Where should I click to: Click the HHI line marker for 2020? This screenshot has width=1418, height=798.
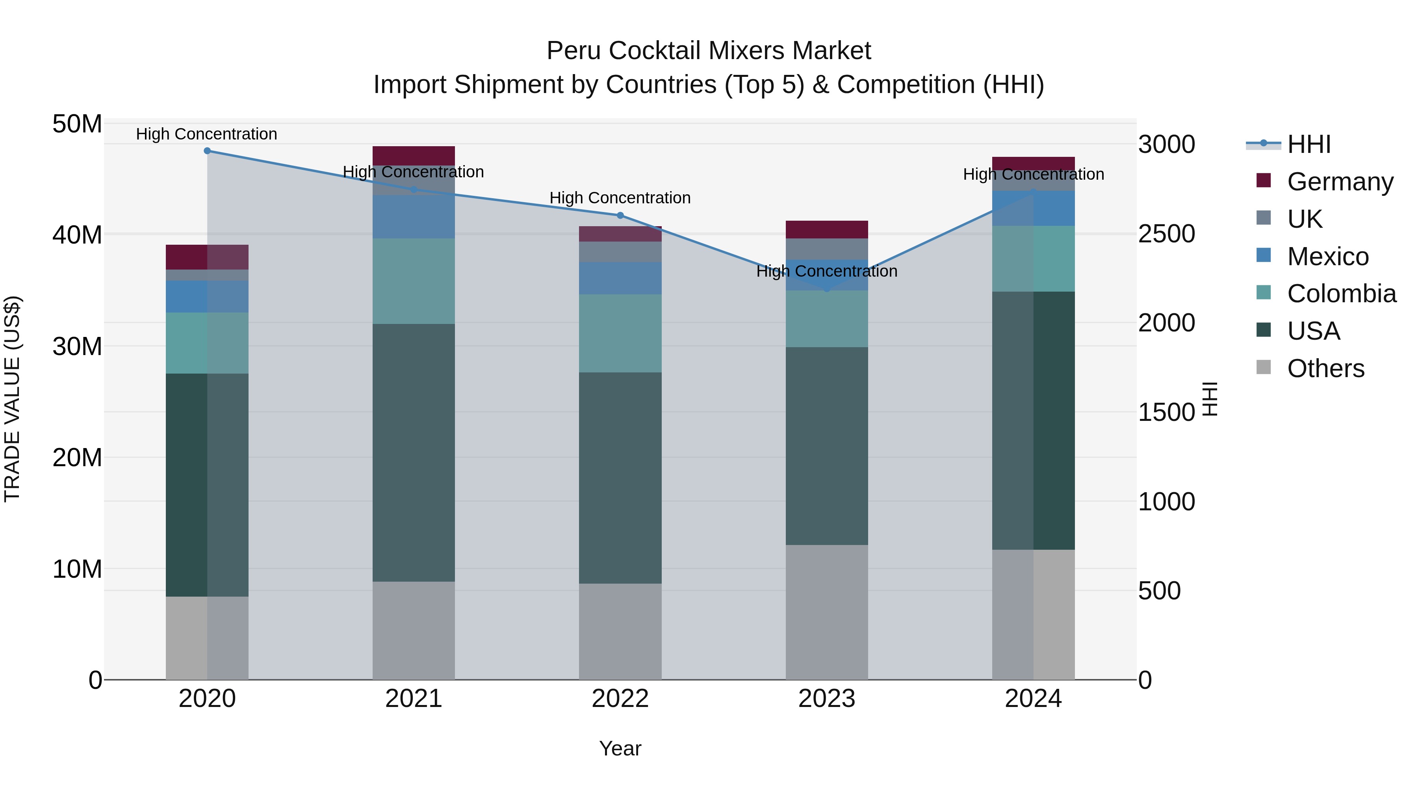point(207,151)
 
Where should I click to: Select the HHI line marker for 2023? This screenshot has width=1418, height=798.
point(827,288)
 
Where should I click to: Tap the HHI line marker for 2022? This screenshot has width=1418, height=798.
point(620,215)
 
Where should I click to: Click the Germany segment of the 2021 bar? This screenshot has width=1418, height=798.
point(414,155)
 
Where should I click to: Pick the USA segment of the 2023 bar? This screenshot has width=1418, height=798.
point(827,446)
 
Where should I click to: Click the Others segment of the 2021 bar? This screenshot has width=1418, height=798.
point(414,631)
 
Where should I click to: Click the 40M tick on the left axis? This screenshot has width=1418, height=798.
point(77,235)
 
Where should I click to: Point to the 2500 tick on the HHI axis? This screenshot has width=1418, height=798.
point(1166,234)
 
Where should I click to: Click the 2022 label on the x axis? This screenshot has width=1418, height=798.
point(620,699)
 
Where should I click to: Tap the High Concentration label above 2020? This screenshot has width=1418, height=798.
point(206,134)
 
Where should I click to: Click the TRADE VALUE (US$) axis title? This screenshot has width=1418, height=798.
point(12,399)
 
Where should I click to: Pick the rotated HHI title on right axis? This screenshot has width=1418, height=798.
point(1210,399)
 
